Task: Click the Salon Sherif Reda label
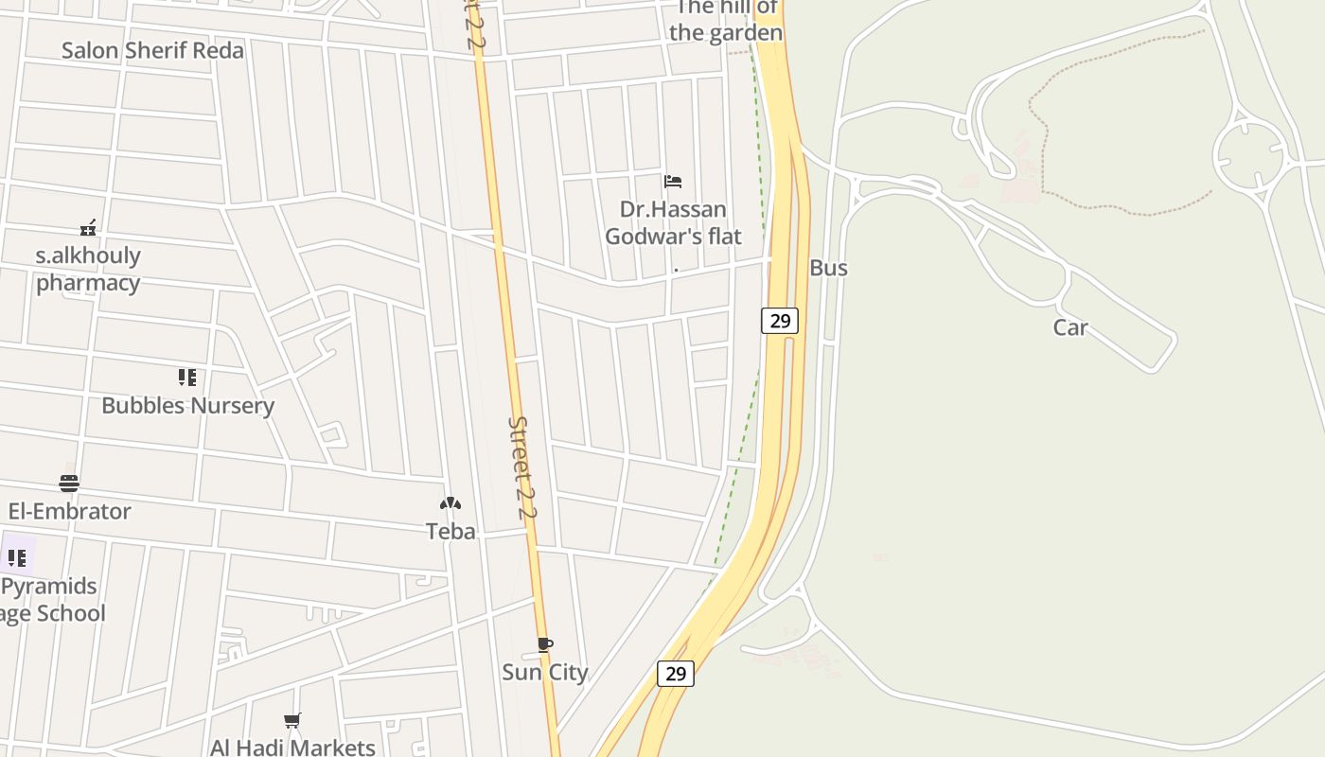point(152,50)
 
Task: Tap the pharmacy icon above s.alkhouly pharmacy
point(88,227)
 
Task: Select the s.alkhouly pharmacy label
point(88,269)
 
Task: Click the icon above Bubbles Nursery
point(187,378)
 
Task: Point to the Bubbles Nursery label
point(187,405)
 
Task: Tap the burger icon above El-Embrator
point(69,484)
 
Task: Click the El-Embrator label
point(69,511)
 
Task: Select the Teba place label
point(450,531)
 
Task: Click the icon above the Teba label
point(450,504)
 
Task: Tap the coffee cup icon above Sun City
point(545,645)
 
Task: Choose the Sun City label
point(545,672)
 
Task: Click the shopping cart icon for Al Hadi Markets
point(292,721)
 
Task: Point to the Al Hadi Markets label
point(292,747)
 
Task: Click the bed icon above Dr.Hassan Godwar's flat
point(673,181)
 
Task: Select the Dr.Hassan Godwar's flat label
point(673,222)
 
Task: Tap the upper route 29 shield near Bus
point(780,321)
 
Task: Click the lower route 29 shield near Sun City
point(675,674)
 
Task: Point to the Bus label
point(828,268)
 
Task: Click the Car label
point(1070,327)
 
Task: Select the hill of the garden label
point(726,21)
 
